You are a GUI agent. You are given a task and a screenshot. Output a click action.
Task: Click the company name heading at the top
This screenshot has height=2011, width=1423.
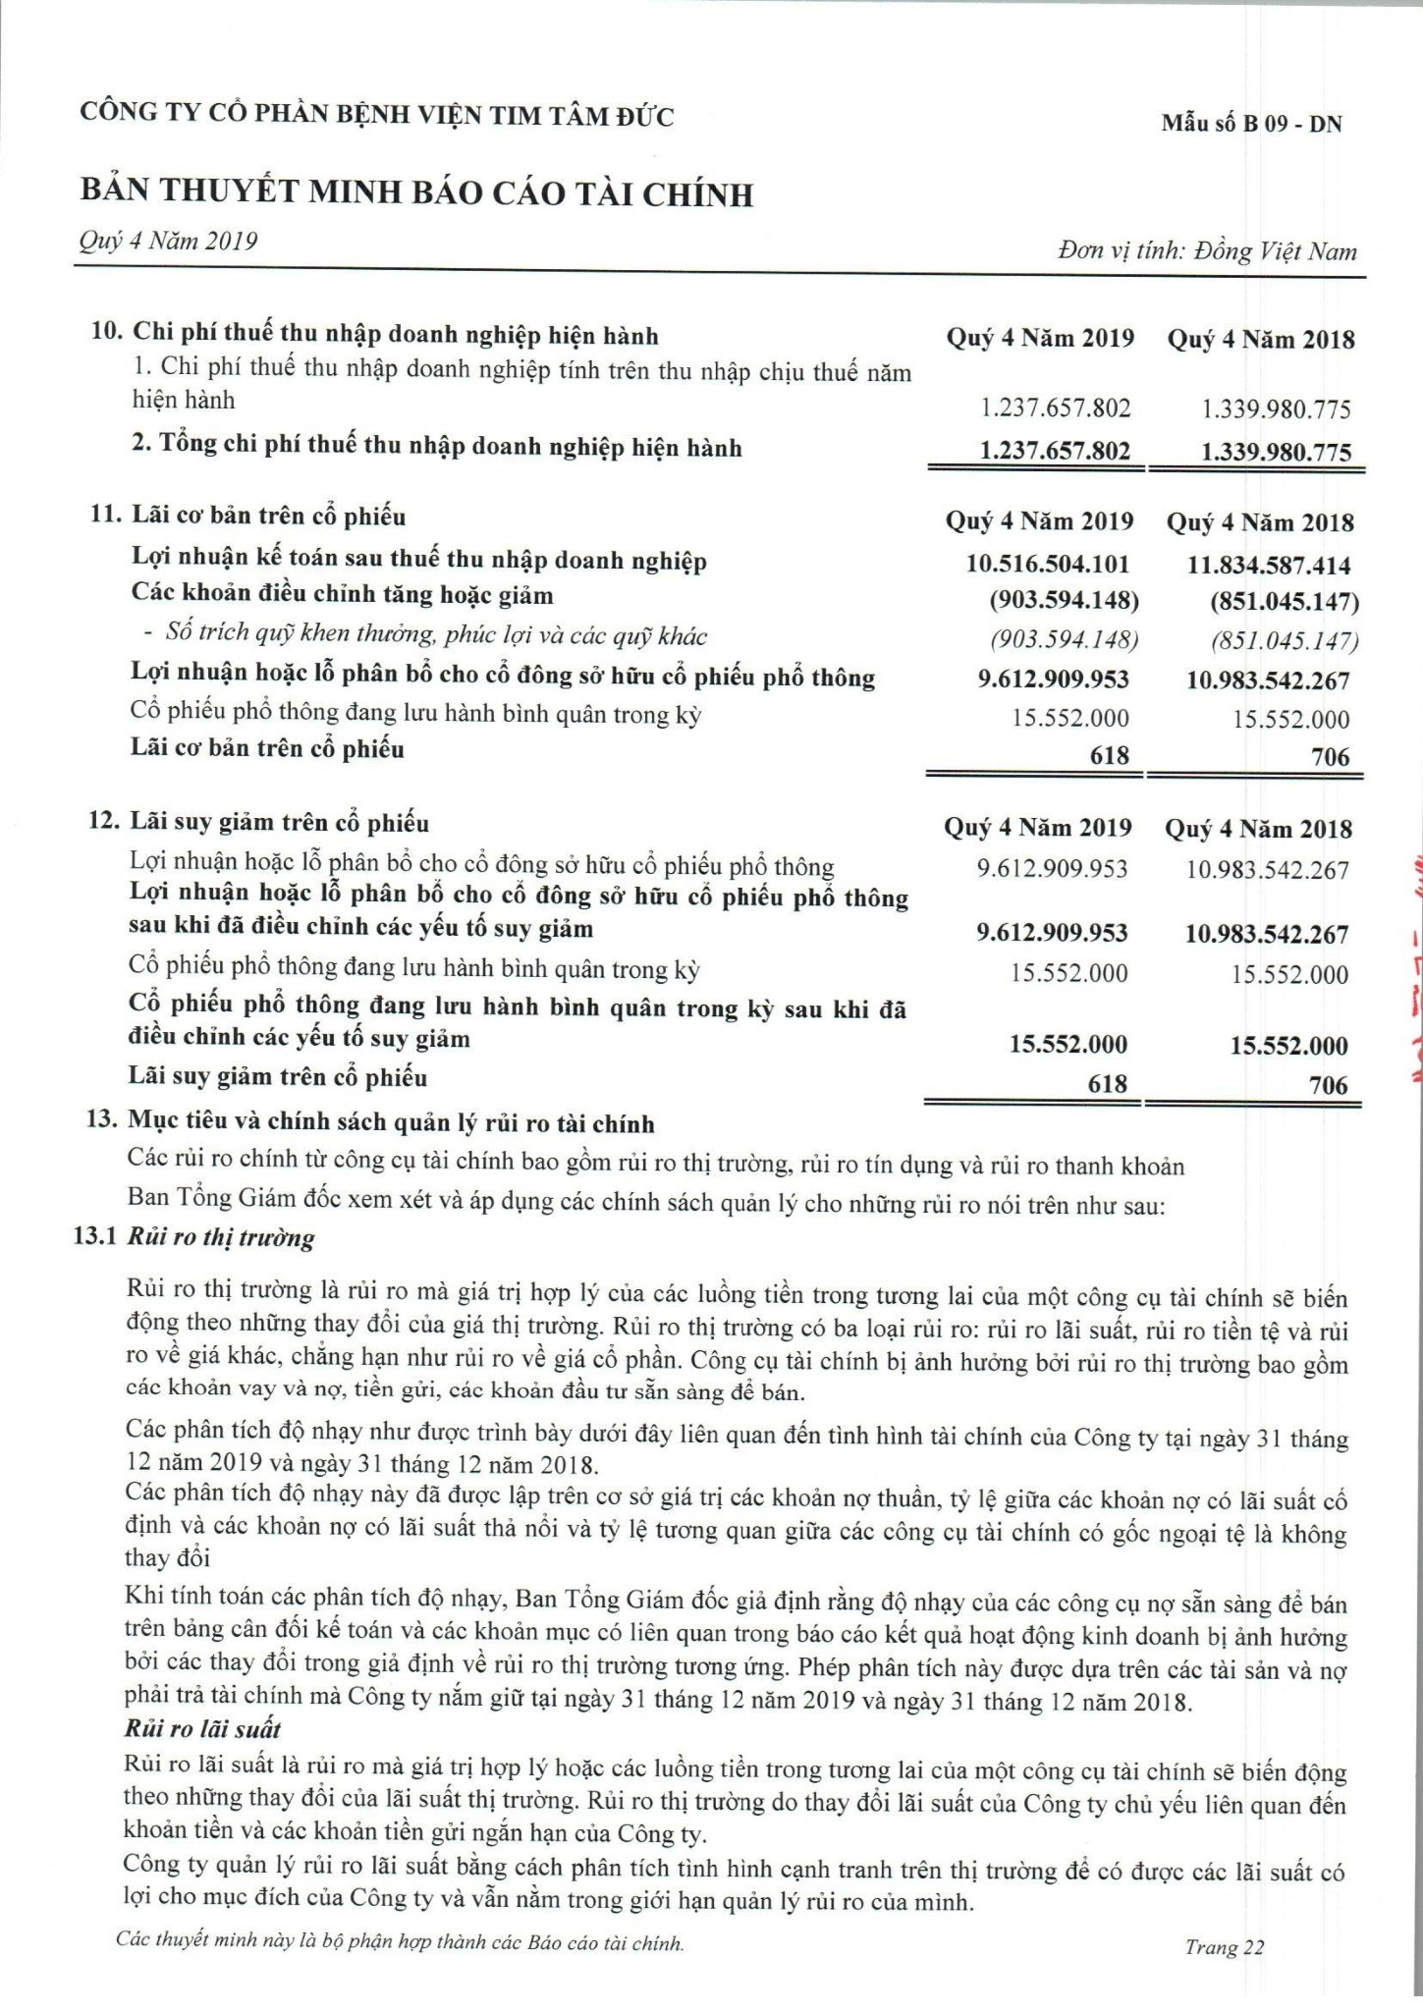click(x=377, y=116)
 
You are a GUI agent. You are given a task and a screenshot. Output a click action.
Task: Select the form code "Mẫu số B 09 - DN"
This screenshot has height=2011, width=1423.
click(x=1250, y=124)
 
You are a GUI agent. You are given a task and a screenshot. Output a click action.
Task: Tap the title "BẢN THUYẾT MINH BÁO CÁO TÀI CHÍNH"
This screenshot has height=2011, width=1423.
click(x=416, y=193)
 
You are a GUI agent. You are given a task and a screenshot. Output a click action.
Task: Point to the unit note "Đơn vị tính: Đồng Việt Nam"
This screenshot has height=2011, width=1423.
click(x=1207, y=251)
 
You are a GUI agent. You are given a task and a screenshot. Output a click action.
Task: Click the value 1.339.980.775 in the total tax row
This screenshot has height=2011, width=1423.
click(x=1276, y=453)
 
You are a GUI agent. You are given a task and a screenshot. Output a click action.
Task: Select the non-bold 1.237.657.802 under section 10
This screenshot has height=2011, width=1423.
click(x=1055, y=408)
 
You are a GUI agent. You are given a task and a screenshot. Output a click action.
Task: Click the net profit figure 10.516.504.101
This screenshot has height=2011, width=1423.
click(x=1048, y=564)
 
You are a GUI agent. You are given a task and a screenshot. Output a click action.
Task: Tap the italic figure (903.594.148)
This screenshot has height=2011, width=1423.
click(x=1065, y=640)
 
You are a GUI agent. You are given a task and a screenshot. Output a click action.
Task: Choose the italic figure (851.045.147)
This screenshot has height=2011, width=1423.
click(x=1285, y=641)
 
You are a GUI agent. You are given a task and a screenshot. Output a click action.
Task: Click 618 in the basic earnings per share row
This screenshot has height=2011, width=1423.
click(x=1109, y=755)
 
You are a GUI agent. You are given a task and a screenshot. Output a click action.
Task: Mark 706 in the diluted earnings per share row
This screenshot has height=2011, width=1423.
click(x=1328, y=1085)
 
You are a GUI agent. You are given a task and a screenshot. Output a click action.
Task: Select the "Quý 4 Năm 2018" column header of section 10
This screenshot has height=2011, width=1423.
click(x=1261, y=340)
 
